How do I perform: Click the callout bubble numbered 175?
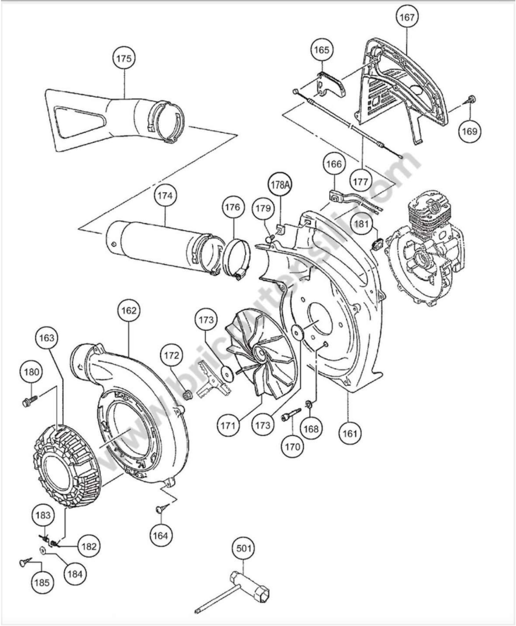(124, 59)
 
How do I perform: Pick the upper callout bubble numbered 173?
(206, 320)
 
